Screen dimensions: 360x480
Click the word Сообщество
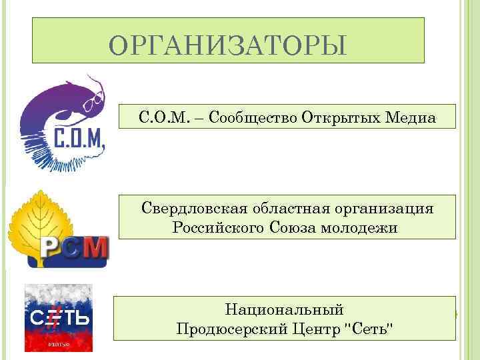pos(251,118)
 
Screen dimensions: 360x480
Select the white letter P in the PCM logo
pos(54,249)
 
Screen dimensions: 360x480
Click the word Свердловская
pos(193,209)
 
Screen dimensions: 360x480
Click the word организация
pos(388,209)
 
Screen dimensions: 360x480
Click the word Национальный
pos(285,310)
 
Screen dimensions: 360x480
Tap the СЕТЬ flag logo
pos(59,317)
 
